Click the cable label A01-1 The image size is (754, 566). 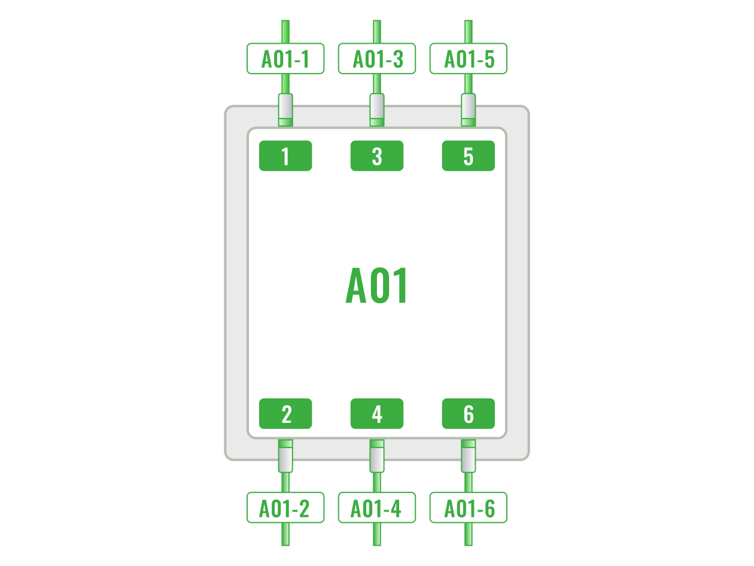[285, 59]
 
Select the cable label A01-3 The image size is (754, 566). [377, 59]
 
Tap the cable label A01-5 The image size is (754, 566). [469, 59]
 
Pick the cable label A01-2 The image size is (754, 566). [285, 508]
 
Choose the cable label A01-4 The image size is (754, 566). [377, 508]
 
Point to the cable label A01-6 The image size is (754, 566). [469, 508]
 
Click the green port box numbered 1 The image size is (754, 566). [285, 156]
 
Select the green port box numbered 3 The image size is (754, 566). [377, 156]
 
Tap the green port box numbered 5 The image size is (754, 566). [469, 156]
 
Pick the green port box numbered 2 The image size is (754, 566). [285, 414]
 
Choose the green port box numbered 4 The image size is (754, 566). [377, 414]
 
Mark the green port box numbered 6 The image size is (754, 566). [469, 414]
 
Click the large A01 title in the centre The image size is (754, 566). [377, 286]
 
